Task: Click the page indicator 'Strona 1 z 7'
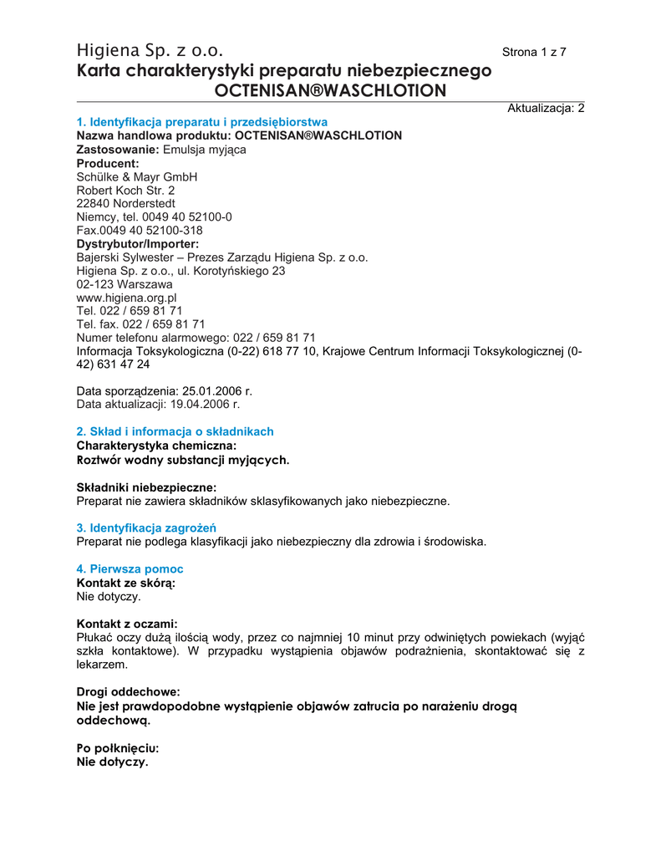pyautogui.click(x=534, y=53)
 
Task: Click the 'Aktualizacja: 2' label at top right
pyautogui.click(x=546, y=109)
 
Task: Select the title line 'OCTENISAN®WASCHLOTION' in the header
pyautogui.click(x=331, y=90)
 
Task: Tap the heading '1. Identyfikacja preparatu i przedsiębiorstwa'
pyautogui.click(x=201, y=122)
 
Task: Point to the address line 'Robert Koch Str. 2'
pyautogui.click(x=125, y=191)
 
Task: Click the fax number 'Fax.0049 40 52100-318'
pyautogui.click(x=140, y=231)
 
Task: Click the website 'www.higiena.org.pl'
pyautogui.click(x=126, y=298)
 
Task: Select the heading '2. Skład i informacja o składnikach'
pyautogui.click(x=175, y=431)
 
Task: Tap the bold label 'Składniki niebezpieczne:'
pyautogui.click(x=146, y=487)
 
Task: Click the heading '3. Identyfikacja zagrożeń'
pyautogui.click(x=146, y=527)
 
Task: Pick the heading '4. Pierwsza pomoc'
pyautogui.click(x=130, y=568)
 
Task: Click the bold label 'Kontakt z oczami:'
pyautogui.click(x=127, y=624)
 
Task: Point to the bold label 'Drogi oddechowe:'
pyautogui.click(x=128, y=692)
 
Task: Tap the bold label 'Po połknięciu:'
pyautogui.click(x=117, y=748)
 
